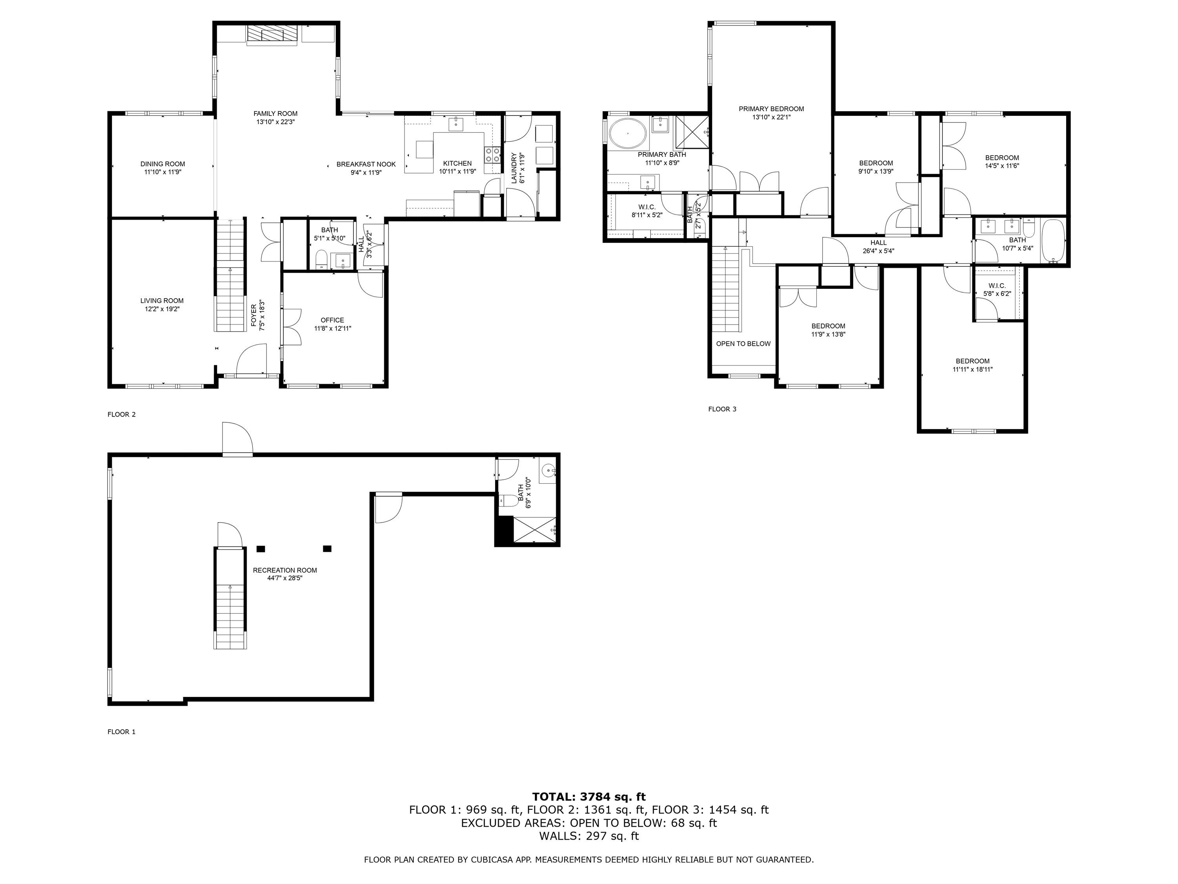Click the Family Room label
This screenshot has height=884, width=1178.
tap(275, 114)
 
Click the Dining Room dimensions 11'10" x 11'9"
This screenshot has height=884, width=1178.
tap(163, 172)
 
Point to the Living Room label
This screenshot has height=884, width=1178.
tap(162, 301)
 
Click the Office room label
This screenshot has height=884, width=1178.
tap(332, 320)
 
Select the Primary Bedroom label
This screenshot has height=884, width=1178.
tap(771, 109)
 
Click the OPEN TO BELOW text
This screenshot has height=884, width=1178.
tap(743, 344)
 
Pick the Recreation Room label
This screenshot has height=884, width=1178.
tap(285, 570)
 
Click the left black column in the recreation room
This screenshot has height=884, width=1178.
tap(261, 548)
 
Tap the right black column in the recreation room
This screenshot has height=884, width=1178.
tap(327, 548)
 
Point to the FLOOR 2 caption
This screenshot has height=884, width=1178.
tap(121, 414)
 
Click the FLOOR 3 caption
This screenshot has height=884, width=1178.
tap(722, 409)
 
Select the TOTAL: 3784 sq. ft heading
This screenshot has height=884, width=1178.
tap(589, 797)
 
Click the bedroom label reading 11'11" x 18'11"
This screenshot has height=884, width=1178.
tap(972, 369)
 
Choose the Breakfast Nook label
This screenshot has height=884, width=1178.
tap(366, 164)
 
